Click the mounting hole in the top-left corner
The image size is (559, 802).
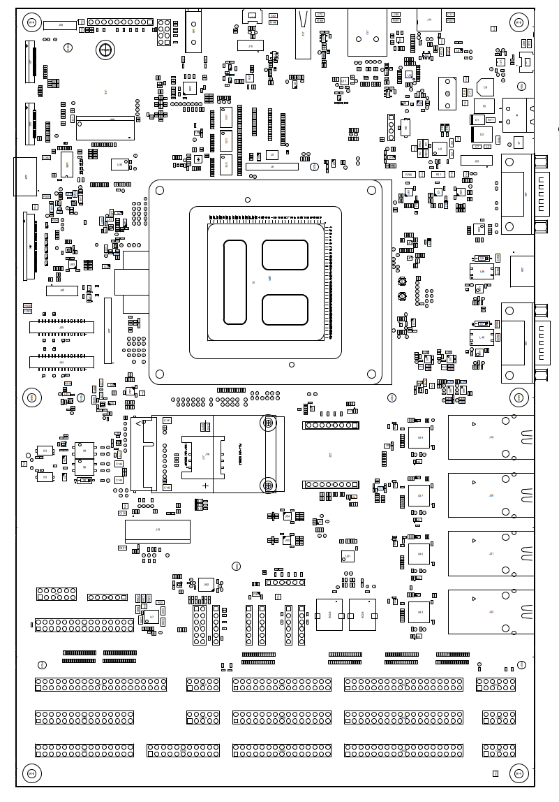pos(31,22)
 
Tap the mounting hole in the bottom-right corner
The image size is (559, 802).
pos(519,773)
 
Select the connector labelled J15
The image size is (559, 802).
pos(157,530)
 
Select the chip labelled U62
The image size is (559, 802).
pos(206,584)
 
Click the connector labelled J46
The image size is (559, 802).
pos(62,290)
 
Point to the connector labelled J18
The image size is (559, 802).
pos(251,45)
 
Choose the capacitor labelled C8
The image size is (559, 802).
pos(485,87)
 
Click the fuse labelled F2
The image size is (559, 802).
pos(484,106)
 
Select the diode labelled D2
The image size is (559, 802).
pos(482,133)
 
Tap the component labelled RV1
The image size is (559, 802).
pos(491,120)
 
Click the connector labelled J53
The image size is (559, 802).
pos(477,161)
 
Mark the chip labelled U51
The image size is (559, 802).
pos(348,556)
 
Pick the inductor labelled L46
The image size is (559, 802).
pos(482,271)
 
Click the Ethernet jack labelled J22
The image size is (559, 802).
pos(491,612)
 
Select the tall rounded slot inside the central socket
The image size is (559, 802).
pos(235,282)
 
